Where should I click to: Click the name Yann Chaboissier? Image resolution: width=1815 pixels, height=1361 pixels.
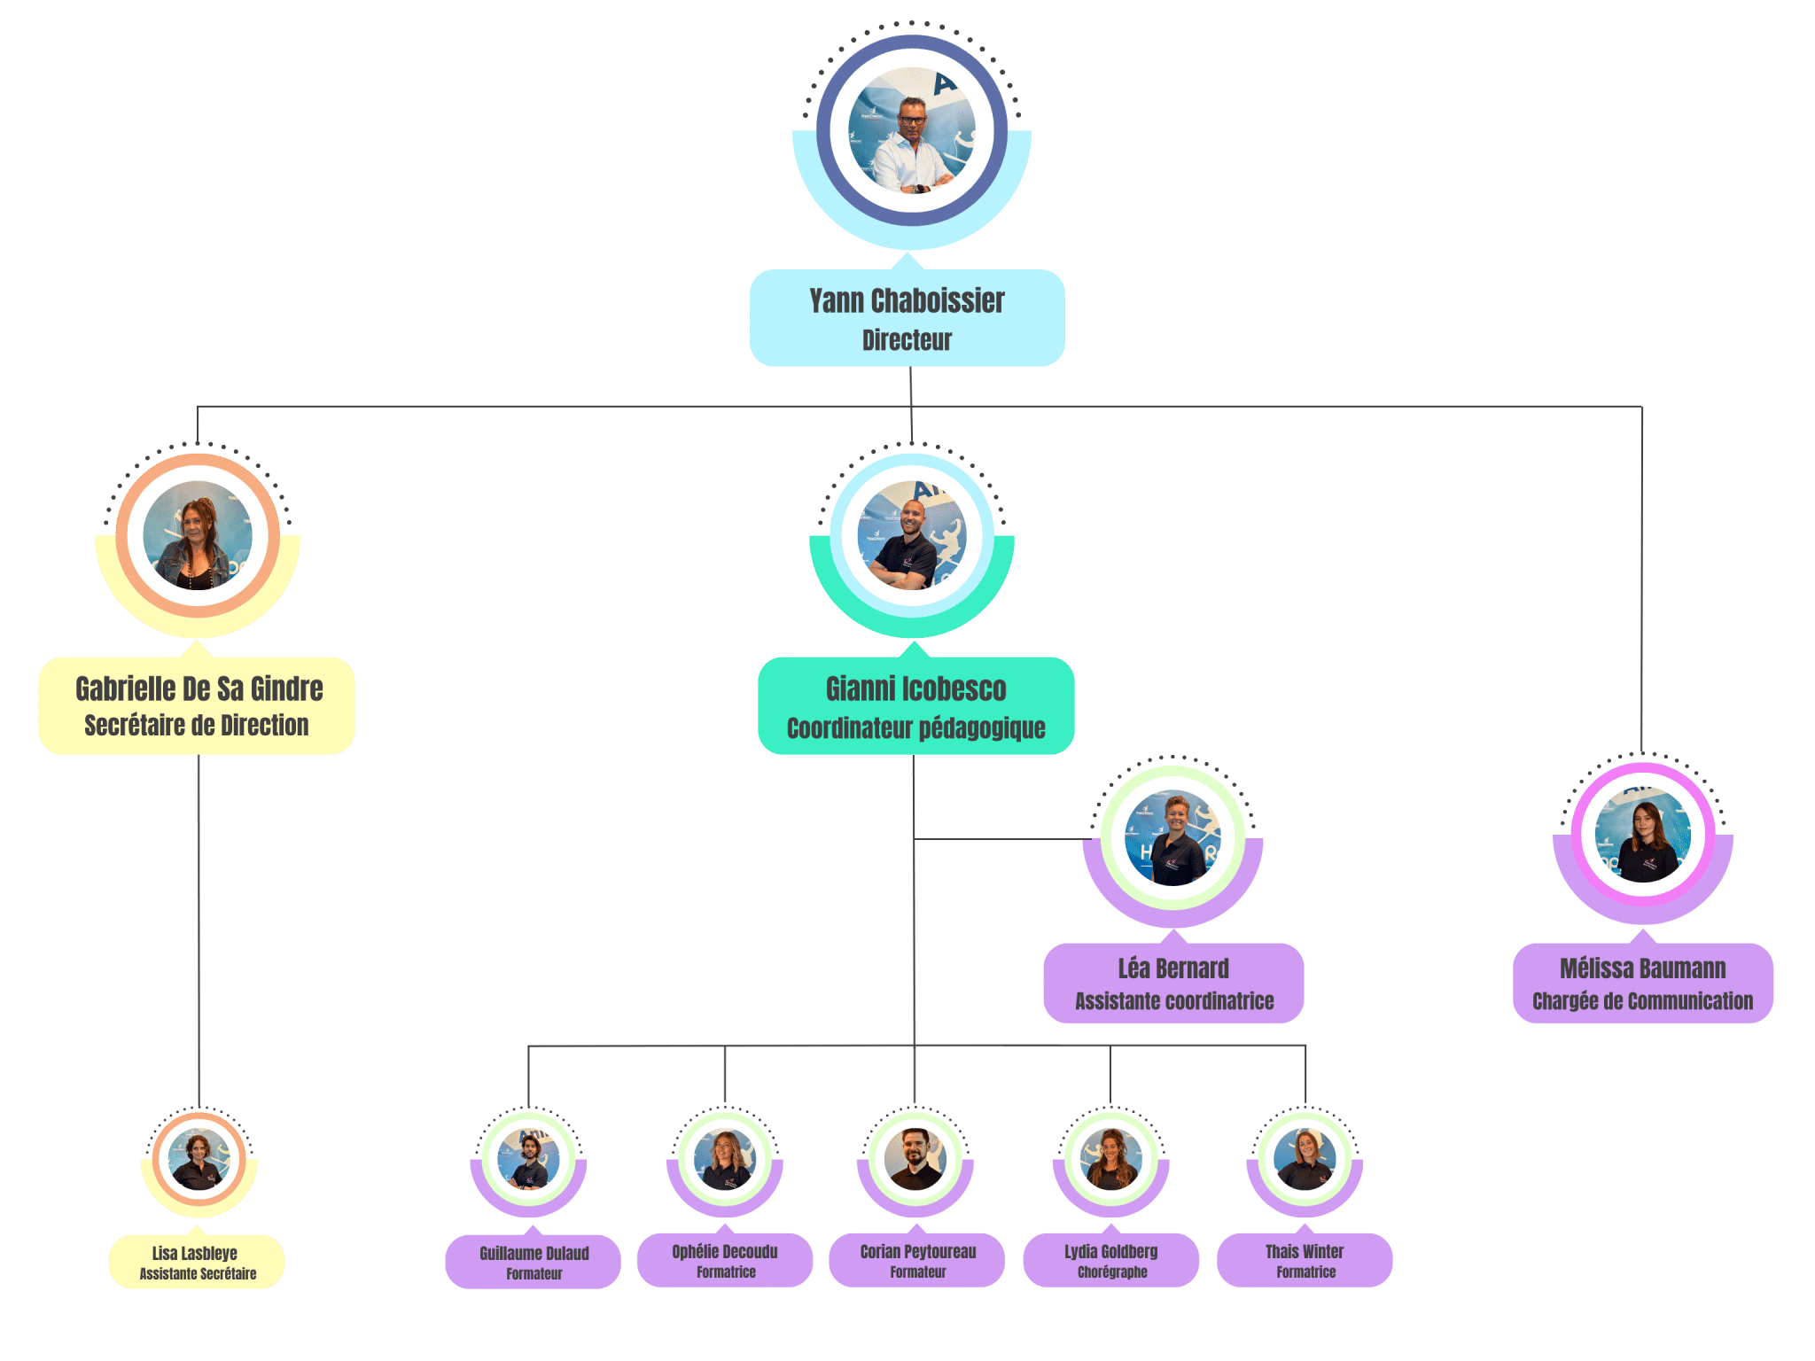[x=907, y=301]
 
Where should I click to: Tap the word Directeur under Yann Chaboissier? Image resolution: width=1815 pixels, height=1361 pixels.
[x=907, y=340]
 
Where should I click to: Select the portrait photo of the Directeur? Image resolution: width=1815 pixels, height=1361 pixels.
[x=912, y=130]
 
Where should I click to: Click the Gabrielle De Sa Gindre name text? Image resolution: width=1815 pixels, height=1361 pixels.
[x=199, y=688]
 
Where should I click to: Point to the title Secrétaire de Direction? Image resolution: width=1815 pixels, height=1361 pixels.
[x=197, y=726]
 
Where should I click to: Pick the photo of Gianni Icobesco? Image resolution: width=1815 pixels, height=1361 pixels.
[x=912, y=536]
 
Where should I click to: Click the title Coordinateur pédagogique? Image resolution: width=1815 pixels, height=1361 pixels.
[x=915, y=728]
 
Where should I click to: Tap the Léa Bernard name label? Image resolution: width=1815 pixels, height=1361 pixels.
[x=1173, y=968]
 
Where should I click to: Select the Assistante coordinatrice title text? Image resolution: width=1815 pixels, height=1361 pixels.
[x=1174, y=1001]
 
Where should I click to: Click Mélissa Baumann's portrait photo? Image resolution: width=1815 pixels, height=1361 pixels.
[x=1643, y=835]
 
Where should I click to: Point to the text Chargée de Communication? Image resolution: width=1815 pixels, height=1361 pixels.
[x=1642, y=1001]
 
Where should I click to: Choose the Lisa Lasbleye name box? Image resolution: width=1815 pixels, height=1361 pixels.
[x=196, y=1261]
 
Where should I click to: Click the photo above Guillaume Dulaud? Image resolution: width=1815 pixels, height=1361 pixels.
[x=529, y=1159]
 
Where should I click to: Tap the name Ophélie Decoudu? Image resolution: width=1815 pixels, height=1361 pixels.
[x=725, y=1252]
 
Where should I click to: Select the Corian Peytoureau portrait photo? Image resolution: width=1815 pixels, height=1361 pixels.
[x=915, y=1159]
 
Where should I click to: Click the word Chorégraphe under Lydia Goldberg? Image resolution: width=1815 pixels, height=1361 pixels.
[x=1112, y=1272]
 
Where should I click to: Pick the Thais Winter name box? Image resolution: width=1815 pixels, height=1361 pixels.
[x=1305, y=1259]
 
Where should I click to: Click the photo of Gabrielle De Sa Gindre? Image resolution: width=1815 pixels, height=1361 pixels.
[x=198, y=536]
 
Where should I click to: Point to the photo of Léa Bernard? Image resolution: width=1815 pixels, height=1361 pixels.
[x=1173, y=837]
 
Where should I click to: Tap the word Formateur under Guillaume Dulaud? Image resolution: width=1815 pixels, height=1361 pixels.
[x=534, y=1274]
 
